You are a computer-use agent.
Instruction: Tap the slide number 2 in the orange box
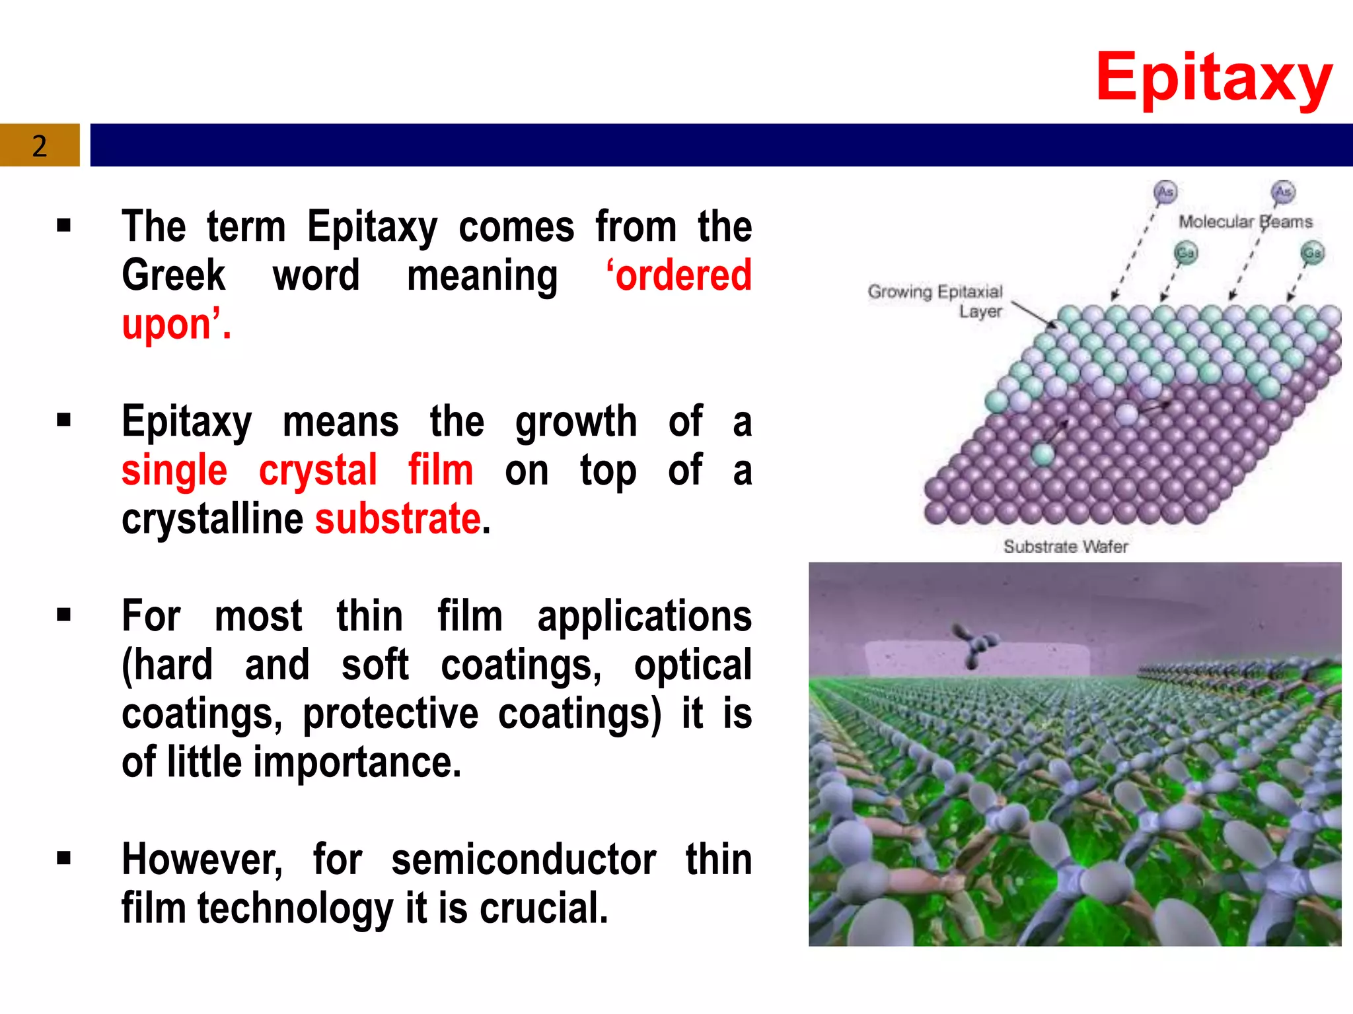[x=40, y=145]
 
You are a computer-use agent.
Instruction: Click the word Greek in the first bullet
[x=174, y=275]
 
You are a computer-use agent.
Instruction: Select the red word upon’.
[x=176, y=324]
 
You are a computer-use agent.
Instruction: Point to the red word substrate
[x=398, y=518]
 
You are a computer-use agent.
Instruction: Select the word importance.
[x=357, y=762]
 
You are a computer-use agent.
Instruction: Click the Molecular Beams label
[x=1245, y=222]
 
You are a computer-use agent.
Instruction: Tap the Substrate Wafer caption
[x=1065, y=547]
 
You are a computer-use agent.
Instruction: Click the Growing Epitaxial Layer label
[x=935, y=301]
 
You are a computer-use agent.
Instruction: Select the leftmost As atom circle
[x=1165, y=192]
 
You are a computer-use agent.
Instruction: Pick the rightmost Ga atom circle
[x=1312, y=253]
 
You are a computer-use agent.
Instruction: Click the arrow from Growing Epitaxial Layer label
[x=1034, y=314]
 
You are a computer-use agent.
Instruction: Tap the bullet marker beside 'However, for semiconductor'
[x=63, y=858]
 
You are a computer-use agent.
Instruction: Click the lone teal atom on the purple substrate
[x=1042, y=454]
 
